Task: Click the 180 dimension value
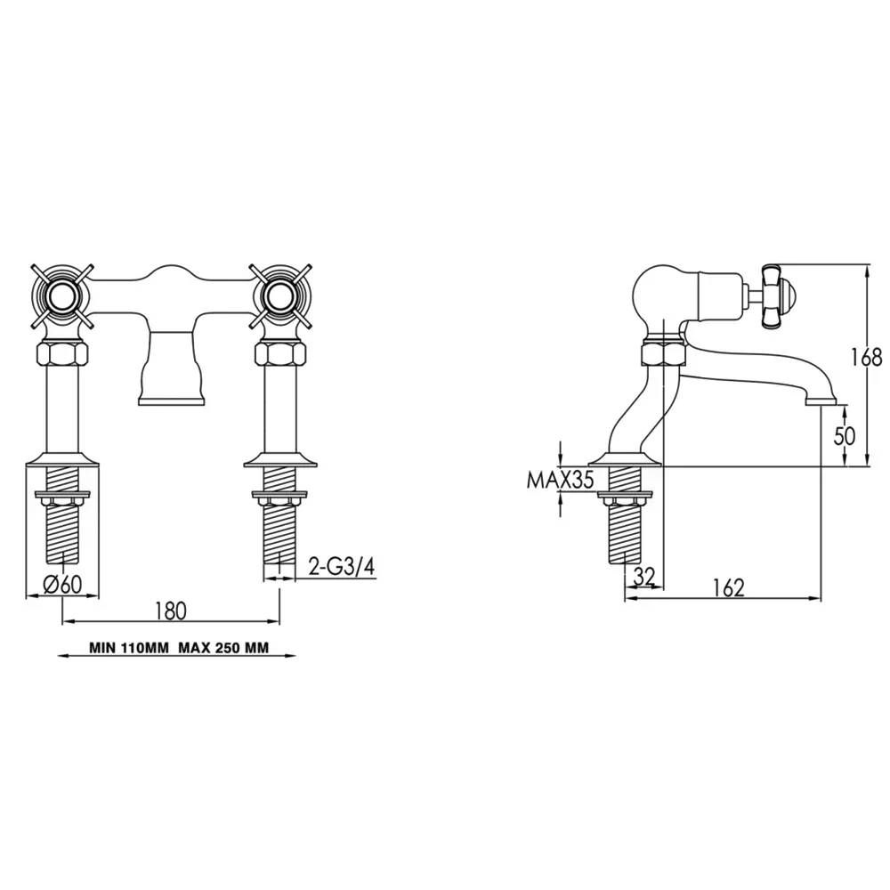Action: tap(170, 611)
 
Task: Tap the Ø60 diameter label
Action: tap(63, 584)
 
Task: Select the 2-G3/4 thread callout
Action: tap(342, 566)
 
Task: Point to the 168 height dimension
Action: tap(867, 358)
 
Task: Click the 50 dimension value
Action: tap(845, 436)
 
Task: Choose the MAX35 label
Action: tap(560, 481)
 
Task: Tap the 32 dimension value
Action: tap(643, 577)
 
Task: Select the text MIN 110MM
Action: tap(129, 648)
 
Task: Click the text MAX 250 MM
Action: tap(223, 648)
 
